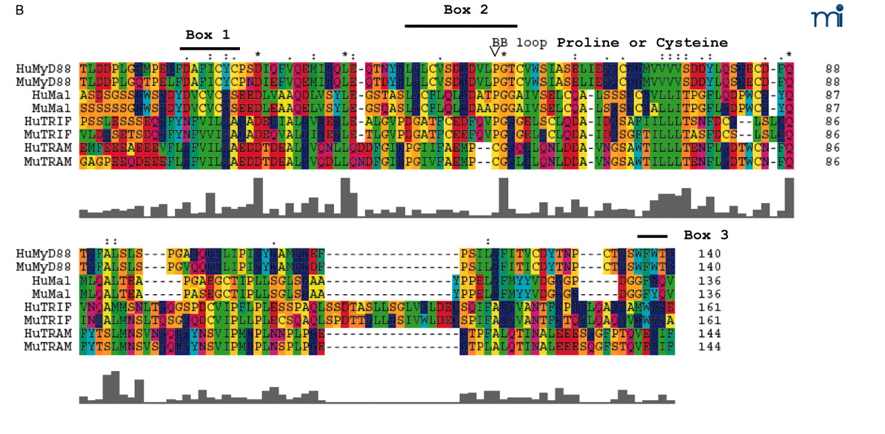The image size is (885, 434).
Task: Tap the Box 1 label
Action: [x=207, y=35]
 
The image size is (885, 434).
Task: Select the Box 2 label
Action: [x=465, y=10]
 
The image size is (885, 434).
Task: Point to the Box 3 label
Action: [x=706, y=235]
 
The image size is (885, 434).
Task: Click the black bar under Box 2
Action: [x=460, y=26]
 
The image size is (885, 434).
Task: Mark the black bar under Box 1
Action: [x=209, y=48]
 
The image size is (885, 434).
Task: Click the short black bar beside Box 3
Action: [x=652, y=235]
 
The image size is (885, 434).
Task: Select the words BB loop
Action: [x=519, y=43]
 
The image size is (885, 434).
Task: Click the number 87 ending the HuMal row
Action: [x=834, y=96]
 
